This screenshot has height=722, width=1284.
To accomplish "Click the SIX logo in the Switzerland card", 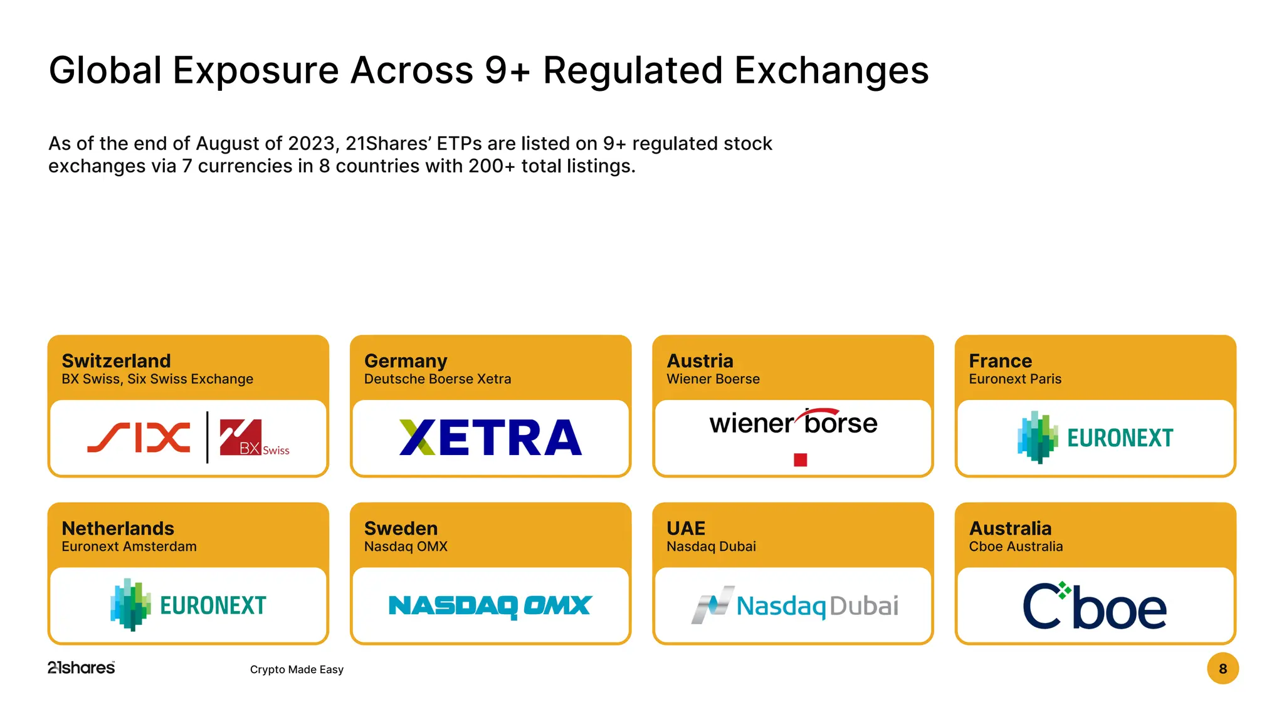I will [139, 437].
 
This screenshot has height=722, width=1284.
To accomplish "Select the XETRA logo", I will [490, 437].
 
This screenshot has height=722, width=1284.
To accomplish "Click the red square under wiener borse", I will [800, 460].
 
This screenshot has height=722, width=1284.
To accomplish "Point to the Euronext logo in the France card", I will [1095, 437].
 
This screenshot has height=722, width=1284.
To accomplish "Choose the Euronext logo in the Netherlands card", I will [188, 605].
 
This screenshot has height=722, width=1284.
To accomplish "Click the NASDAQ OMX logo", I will [490, 605].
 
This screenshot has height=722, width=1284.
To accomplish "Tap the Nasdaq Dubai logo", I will [794, 605].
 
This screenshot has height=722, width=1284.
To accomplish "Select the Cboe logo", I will [1095, 606].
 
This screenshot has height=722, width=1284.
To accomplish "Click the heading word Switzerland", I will [116, 361].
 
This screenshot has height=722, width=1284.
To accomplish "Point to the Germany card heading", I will [406, 361].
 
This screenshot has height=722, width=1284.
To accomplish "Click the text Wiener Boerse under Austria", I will [713, 379].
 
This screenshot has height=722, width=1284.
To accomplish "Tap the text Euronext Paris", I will [1015, 379].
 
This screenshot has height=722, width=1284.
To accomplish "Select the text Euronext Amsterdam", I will [129, 547].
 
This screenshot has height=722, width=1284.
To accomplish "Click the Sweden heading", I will [401, 528].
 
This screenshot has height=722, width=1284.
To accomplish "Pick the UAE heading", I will [686, 528].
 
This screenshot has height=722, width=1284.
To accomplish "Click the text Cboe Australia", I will [1016, 547].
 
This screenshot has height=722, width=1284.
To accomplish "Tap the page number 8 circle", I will [1223, 669].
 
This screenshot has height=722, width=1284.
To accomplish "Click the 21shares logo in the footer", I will [82, 668].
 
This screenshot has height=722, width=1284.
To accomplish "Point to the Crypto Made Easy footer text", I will [297, 669].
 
